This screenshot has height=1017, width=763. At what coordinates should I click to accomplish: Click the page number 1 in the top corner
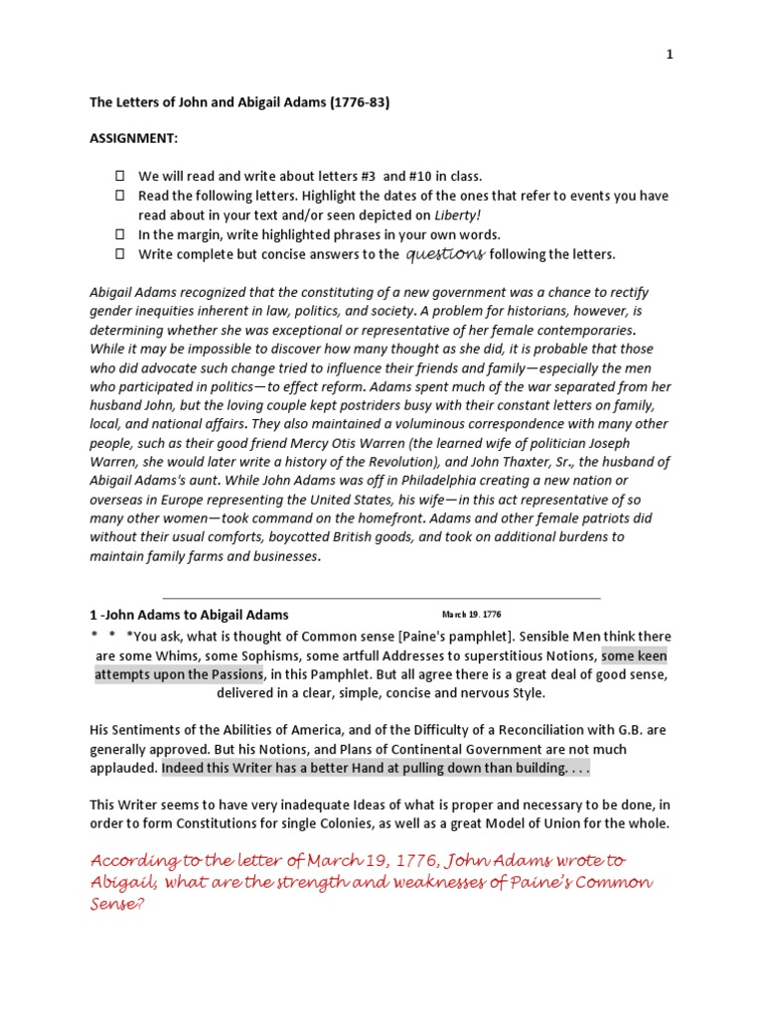click(670, 55)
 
